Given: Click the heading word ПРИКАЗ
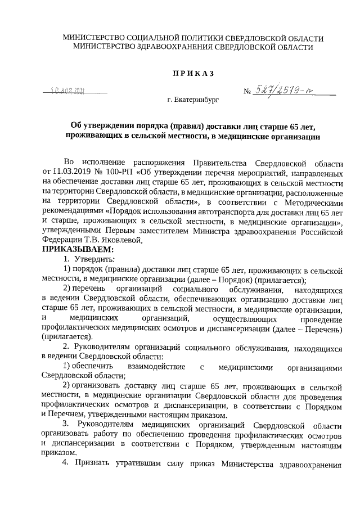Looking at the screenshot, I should point(193,74).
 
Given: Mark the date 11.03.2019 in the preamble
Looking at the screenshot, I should point(70,170).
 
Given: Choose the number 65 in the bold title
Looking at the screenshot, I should point(283,125).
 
